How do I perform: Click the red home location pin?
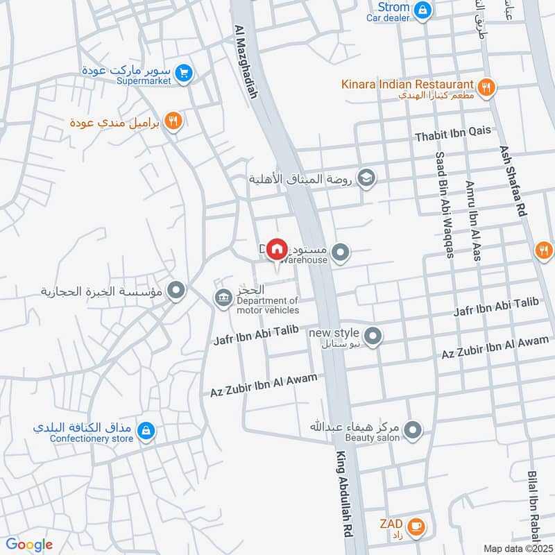coord(277,248)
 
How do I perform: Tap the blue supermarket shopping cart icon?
coord(183,73)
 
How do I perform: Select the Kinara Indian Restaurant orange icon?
coord(487,87)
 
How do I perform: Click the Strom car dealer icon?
coord(422,10)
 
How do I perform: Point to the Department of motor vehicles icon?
coord(223,298)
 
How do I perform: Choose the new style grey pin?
coord(373,336)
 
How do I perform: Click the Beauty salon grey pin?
coord(413,432)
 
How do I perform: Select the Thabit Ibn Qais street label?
coord(453,131)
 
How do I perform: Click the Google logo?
coord(29,545)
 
